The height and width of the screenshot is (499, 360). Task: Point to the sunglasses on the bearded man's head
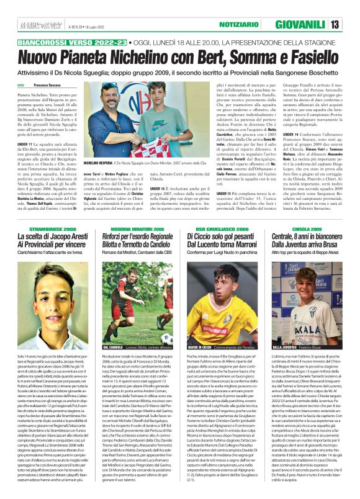(110, 85)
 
